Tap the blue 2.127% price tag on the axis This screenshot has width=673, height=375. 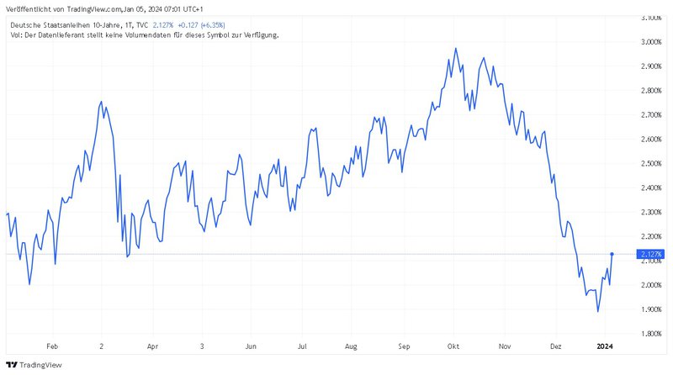click(651, 254)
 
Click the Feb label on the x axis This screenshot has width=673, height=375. click(53, 346)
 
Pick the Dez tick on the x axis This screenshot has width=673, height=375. click(556, 346)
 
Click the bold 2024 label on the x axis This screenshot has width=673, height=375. click(605, 346)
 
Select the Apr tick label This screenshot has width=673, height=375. click(152, 346)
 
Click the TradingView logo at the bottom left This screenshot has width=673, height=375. click(35, 365)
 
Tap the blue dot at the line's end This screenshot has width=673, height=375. click(612, 253)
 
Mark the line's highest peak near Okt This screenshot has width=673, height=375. click(455, 48)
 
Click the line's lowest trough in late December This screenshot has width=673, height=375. click(598, 311)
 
